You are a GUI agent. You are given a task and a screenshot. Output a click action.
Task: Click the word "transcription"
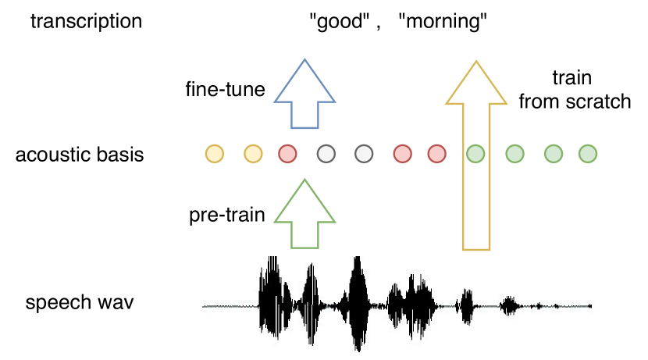[x=86, y=21]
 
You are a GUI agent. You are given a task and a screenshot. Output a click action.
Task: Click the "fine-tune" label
[x=225, y=90]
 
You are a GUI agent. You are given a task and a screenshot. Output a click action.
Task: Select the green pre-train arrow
[x=305, y=215]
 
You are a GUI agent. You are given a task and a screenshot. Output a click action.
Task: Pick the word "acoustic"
[x=50, y=154]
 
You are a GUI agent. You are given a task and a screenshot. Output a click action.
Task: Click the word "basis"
[x=117, y=154]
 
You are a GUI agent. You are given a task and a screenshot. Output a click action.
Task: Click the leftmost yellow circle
[x=214, y=154]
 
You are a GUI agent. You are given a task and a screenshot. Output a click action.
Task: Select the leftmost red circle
[x=287, y=154]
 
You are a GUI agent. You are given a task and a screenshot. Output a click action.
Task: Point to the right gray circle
[x=363, y=154]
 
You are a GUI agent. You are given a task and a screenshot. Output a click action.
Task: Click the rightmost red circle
[x=436, y=154]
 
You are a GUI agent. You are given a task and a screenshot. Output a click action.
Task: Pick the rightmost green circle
[x=587, y=154]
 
